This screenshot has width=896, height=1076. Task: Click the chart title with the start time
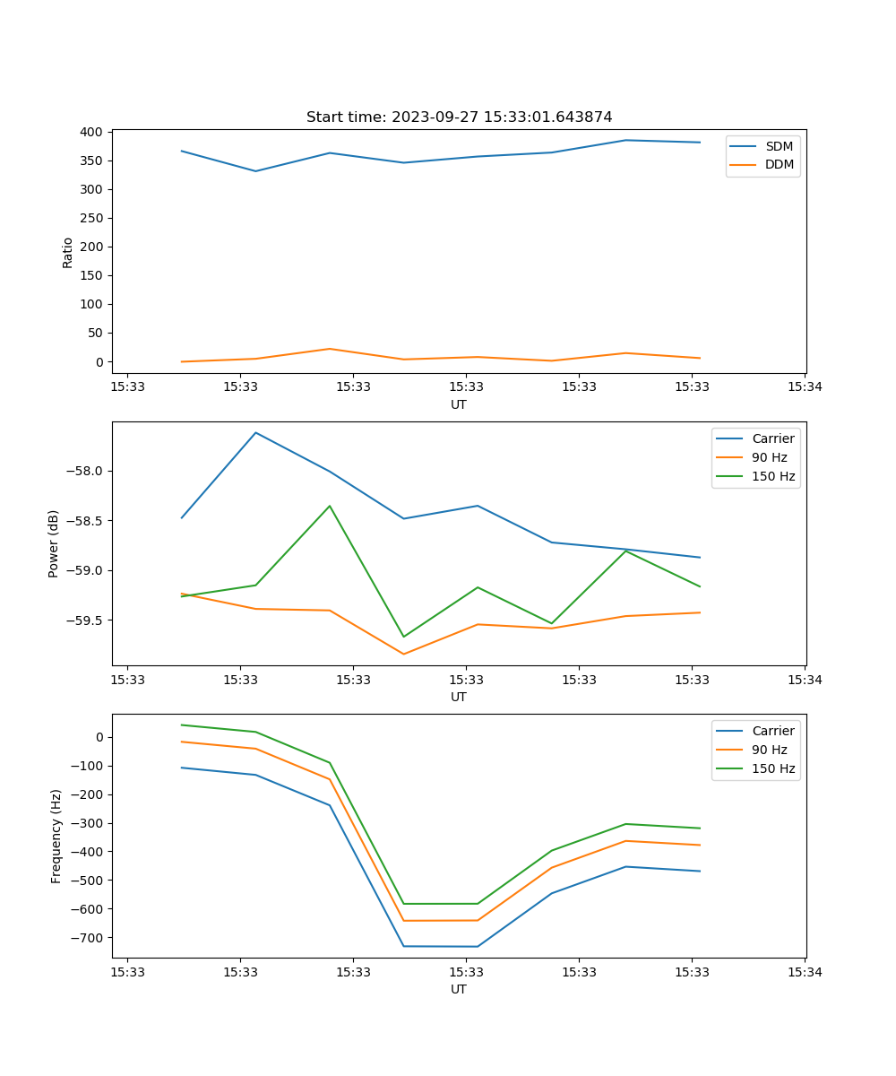coord(459,117)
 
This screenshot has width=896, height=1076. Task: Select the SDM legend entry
coord(779,146)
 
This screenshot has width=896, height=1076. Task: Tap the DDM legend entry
coord(779,164)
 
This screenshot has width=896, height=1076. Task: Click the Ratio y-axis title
coord(68,252)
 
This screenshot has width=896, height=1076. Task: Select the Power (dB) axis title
coord(54,543)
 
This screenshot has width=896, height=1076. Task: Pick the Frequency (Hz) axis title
coord(56,836)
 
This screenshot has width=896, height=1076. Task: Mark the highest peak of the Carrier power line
coord(255,432)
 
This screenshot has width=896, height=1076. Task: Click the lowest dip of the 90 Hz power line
coord(403,654)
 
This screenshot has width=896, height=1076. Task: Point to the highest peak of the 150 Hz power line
coord(330,506)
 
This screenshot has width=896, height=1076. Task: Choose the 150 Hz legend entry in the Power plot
coord(772,476)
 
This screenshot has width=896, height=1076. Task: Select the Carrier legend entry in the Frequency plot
coord(772,731)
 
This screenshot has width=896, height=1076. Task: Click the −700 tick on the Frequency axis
coord(90,938)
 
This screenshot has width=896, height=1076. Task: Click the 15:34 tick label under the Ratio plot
coord(804,387)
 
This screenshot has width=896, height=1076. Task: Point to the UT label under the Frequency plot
coord(459,989)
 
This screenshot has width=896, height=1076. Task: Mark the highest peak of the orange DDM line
coord(330,349)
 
